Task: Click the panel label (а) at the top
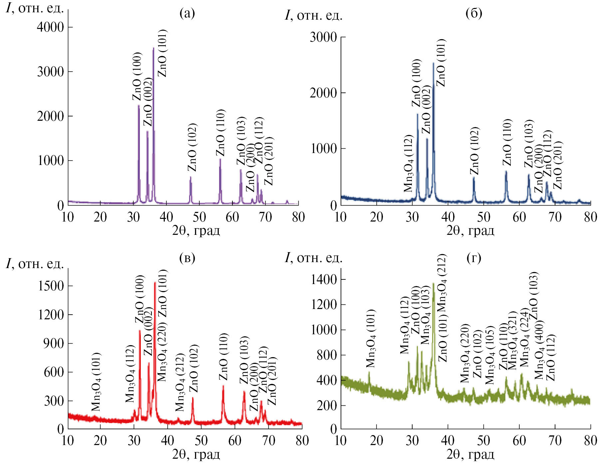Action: coord(187,13)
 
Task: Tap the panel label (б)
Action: coord(474,13)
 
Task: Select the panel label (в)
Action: coord(187,258)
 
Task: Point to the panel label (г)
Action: coord(474,258)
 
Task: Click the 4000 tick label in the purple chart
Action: coord(50,27)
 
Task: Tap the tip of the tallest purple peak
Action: coord(153,48)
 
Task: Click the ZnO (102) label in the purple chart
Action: coord(192,147)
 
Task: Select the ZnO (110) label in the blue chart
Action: coord(507,142)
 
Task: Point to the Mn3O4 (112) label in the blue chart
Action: coord(409,164)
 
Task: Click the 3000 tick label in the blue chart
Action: coord(323,37)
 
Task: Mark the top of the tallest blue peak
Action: coord(433,63)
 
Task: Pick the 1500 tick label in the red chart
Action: coord(51,286)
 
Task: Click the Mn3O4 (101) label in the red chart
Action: coord(96,382)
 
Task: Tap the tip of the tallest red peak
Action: coord(155,283)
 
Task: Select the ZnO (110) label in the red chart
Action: coord(223,356)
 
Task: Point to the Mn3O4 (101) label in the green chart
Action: coord(371,338)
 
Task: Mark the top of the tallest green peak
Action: coord(433,283)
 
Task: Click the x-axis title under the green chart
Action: coord(470,454)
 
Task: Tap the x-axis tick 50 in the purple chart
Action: coord(199,217)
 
